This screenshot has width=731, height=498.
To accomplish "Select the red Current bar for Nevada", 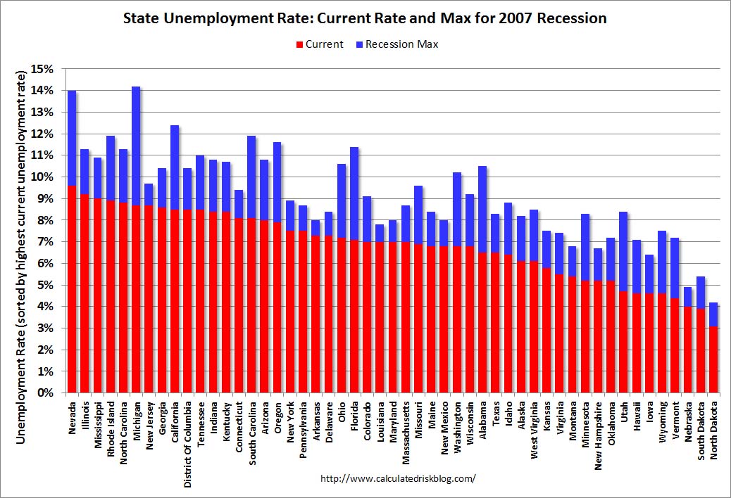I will (72, 288).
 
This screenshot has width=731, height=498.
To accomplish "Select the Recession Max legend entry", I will (401, 44).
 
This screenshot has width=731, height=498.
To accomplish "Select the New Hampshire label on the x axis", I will (598, 435).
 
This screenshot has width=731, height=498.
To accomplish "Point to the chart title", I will (365, 18).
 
